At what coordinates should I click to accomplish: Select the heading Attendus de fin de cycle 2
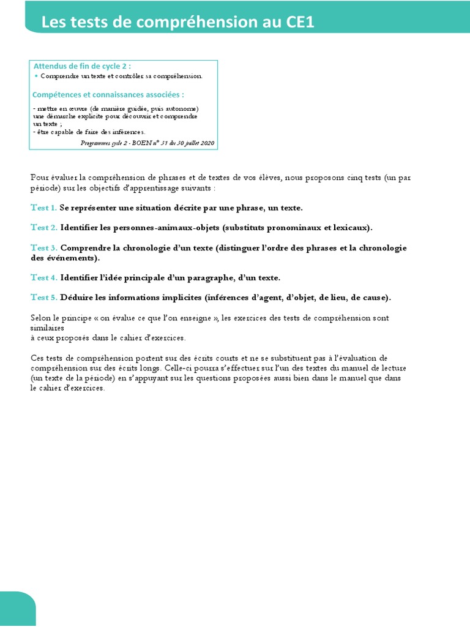pos(82,66)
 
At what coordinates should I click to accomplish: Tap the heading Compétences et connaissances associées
pos(108,95)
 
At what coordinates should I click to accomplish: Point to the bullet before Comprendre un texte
pos(36,76)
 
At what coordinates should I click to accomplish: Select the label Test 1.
pos(44,208)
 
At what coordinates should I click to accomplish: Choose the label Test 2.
pos(44,228)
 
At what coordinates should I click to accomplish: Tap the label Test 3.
pos(44,248)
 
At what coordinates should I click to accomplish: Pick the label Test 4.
pos(44,278)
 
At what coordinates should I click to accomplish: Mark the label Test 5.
pos(44,298)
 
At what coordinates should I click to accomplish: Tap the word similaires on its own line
pos(47,328)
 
